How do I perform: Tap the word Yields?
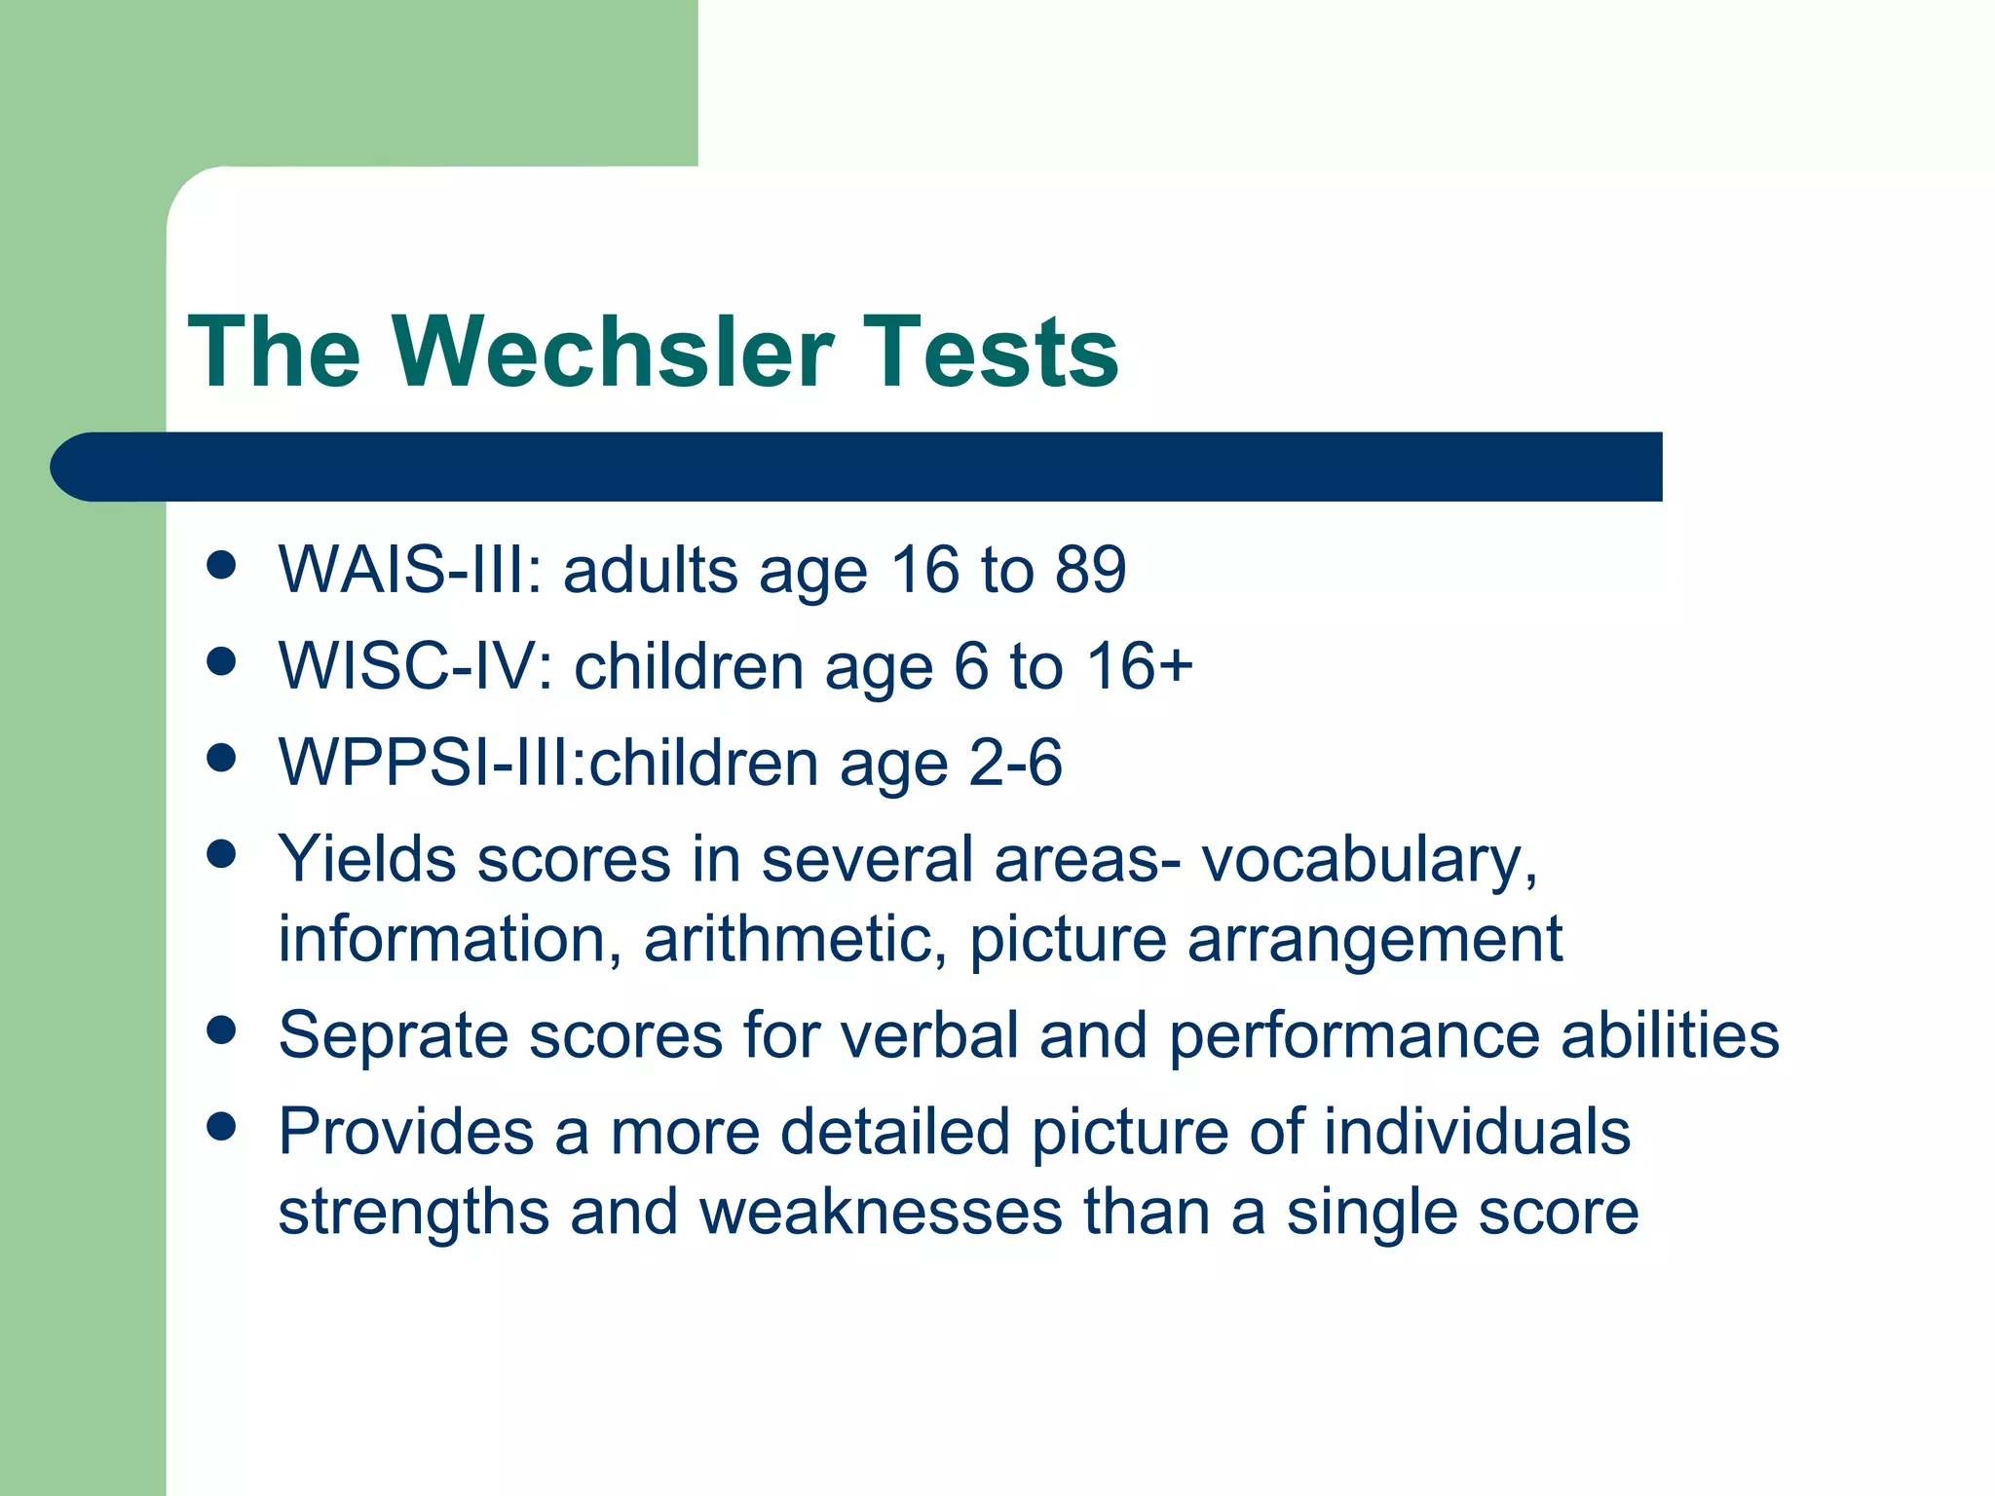[367, 860]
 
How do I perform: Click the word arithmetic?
[795, 940]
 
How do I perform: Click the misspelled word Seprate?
[392, 1035]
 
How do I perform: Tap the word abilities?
[1670, 1034]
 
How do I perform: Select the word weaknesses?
[881, 1212]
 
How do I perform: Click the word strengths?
[413, 1214]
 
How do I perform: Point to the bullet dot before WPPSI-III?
[222, 759]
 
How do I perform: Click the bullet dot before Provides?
[222, 1127]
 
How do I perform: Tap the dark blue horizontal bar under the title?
[857, 467]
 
